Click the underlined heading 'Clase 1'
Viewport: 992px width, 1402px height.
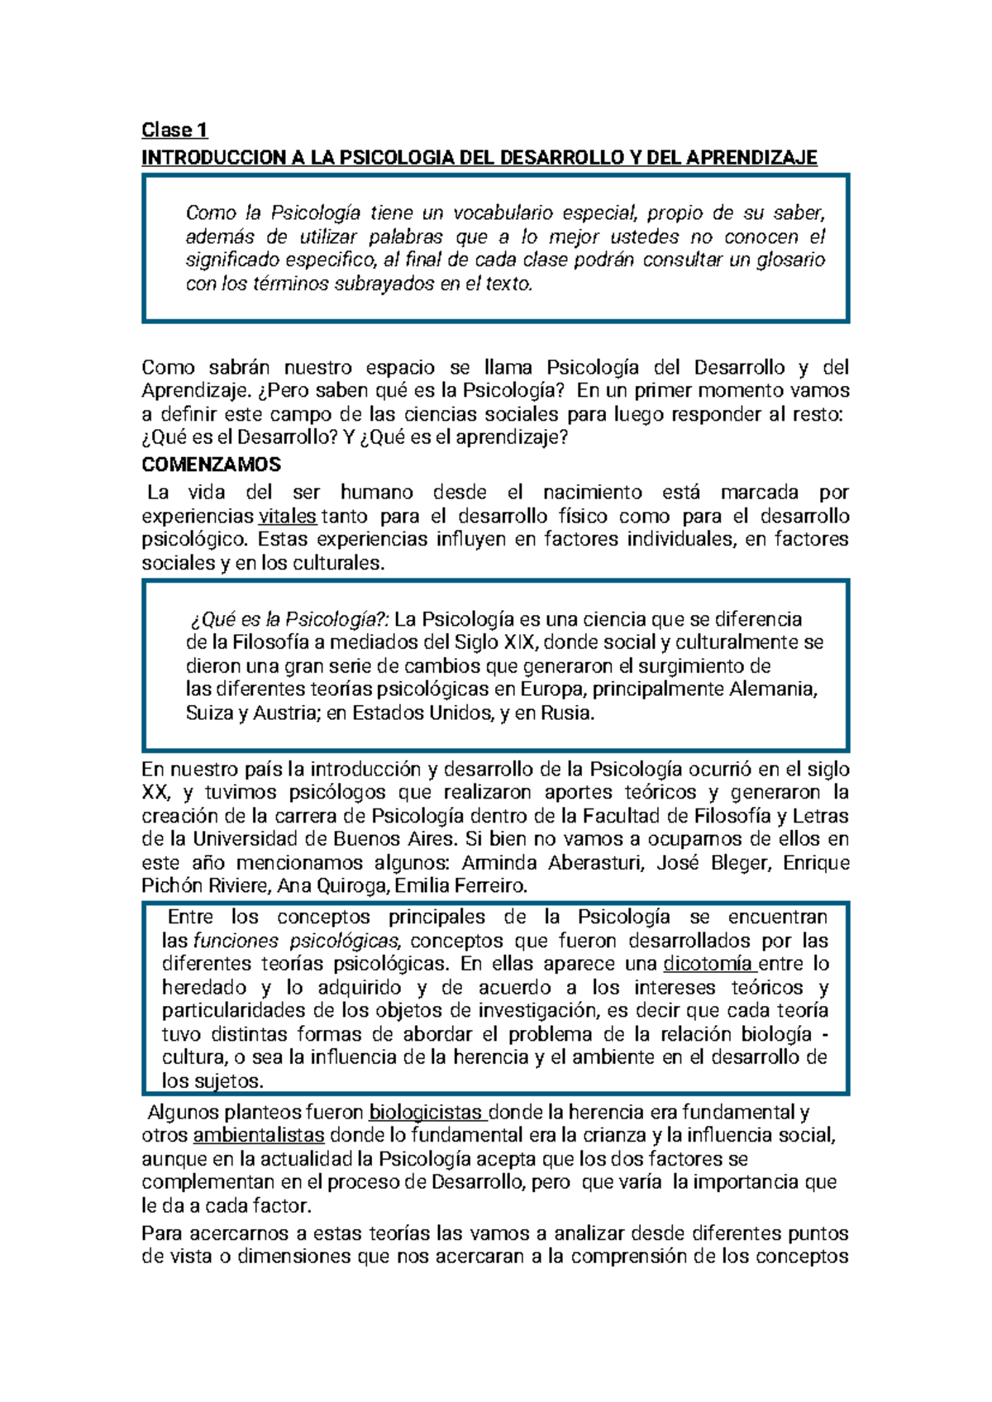[x=174, y=130]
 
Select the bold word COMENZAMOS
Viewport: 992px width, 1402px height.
[x=212, y=465]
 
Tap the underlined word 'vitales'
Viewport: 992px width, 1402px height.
[x=287, y=517]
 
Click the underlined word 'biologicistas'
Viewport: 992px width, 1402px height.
[x=426, y=1113]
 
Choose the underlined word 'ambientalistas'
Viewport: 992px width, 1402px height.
[x=259, y=1136]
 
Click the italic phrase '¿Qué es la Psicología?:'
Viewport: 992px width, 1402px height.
[x=289, y=619]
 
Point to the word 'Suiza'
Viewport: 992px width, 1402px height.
[x=210, y=713]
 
